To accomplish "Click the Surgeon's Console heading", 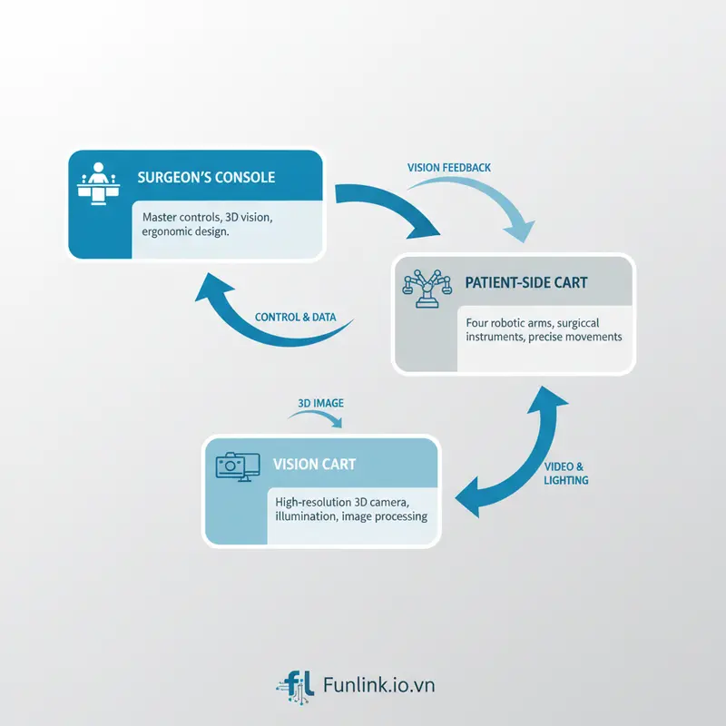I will (206, 177).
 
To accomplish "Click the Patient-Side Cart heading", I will (526, 283).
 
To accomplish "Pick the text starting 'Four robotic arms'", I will (543, 329).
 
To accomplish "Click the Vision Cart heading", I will (314, 464).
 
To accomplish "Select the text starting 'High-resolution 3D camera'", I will (349, 509).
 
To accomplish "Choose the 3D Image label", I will (320, 403).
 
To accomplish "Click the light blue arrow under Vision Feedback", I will (481, 204).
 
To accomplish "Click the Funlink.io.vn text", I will (378, 683).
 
